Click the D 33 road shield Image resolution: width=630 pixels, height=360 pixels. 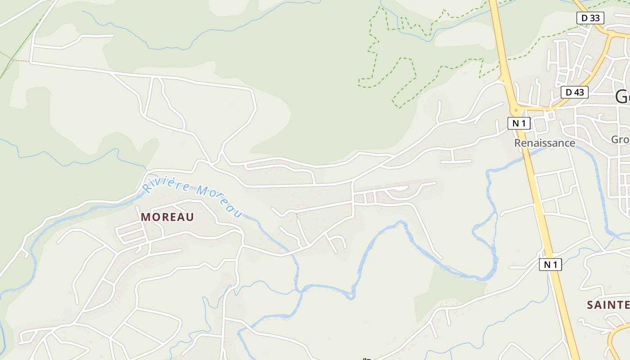click(590, 18)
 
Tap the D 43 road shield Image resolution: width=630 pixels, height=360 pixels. click(575, 92)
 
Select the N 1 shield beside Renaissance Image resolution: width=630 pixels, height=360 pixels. click(519, 123)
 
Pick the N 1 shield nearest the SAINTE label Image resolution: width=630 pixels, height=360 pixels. click(550, 265)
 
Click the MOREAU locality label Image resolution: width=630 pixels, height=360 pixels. click(167, 217)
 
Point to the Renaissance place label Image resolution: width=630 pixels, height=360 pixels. click(544, 143)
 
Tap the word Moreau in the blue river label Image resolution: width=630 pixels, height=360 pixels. click(220, 202)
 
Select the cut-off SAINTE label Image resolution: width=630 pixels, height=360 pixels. click(608, 305)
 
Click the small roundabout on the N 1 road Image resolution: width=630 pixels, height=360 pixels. click(516, 109)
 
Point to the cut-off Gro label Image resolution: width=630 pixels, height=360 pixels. click(620, 139)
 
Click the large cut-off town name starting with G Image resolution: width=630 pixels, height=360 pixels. click(622, 97)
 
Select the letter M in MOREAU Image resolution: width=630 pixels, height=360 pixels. click(146, 217)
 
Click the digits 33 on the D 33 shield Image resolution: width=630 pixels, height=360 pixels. click(594, 18)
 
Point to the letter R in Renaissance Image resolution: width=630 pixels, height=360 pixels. click(518, 143)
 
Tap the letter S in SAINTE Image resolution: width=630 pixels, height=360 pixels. click(590, 305)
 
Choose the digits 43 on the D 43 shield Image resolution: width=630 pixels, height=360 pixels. click(579, 92)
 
